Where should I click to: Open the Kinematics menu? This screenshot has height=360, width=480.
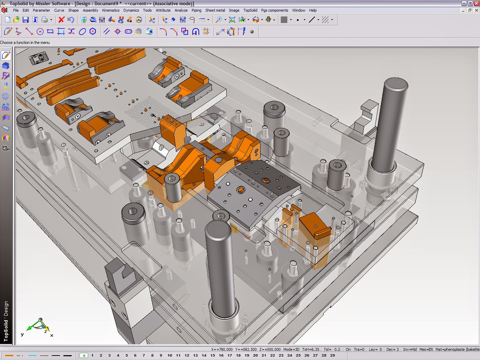pyautogui.click(x=111, y=10)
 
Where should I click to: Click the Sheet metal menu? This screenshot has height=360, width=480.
pyautogui.click(x=215, y=10)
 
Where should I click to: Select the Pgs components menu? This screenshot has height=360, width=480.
pyautogui.click(x=274, y=10)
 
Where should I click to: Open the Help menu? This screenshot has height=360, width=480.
pyautogui.click(x=313, y=10)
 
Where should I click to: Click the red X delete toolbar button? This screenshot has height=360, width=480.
pyautogui.click(x=61, y=20)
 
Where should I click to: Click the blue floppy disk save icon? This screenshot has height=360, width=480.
pyautogui.click(x=26, y=20)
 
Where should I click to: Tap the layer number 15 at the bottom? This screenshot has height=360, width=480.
pyautogui.click(x=213, y=356)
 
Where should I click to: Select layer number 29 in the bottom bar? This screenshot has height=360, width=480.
pyautogui.click(x=332, y=356)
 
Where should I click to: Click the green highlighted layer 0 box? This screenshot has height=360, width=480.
pyautogui.click(x=84, y=356)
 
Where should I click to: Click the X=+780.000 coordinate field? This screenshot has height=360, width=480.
pyautogui.click(x=222, y=349)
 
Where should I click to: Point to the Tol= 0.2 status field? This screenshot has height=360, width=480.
pyautogui.click(x=332, y=349)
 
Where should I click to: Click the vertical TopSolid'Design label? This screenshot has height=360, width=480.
pyautogui.click(x=6, y=321)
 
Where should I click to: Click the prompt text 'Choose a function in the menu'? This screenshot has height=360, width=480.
pyautogui.click(x=25, y=43)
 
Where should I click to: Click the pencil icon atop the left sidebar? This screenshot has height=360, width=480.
pyautogui.click(x=6, y=55)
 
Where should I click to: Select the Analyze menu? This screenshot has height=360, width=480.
pyautogui.click(x=181, y=10)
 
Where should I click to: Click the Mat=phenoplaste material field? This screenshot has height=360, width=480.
pyautogui.click(x=457, y=349)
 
